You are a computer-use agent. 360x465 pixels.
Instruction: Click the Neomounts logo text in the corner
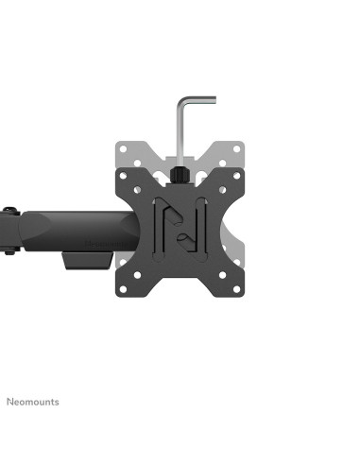[x=33, y=402]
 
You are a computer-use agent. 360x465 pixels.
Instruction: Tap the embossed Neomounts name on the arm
[x=105, y=244]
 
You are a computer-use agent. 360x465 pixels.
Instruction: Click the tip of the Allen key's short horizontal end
[x=215, y=100]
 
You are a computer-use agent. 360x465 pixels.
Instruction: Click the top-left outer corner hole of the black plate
[x=123, y=176]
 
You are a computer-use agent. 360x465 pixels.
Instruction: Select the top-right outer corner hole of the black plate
[x=236, y=176]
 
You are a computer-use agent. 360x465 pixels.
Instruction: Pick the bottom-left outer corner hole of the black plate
[x=123, y=289]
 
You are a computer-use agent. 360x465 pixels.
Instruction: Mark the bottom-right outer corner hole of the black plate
[x=236, y=289]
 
